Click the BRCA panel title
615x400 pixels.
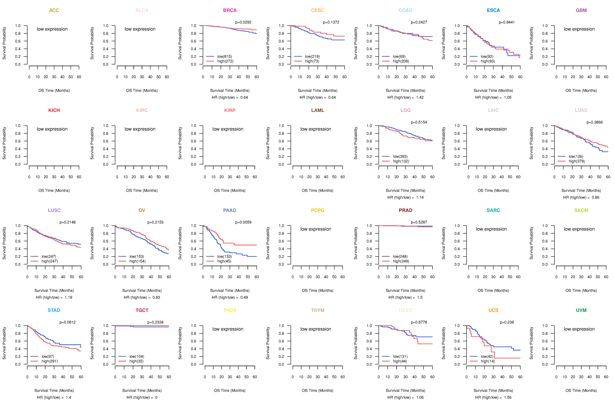(230, 10)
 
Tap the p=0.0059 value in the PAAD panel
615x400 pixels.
(243, 222)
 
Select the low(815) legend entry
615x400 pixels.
(224, 56)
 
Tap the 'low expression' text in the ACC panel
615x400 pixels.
(52, 29)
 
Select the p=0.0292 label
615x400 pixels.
(243, 22)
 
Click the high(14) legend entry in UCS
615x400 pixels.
(488, 361)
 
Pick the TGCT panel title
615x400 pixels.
(142, 310)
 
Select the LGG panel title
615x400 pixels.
(405, 110)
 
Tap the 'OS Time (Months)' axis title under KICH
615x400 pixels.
(54, 191)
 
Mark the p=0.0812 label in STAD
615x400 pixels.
(67, 322)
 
